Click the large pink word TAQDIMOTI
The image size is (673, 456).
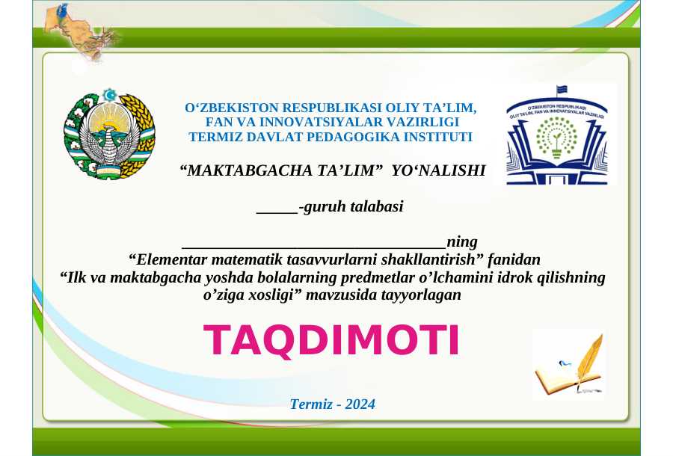(x=331, y=341)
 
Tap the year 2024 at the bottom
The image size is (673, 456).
(x=360, y=404)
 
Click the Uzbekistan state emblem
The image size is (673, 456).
(x=109, y=134)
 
